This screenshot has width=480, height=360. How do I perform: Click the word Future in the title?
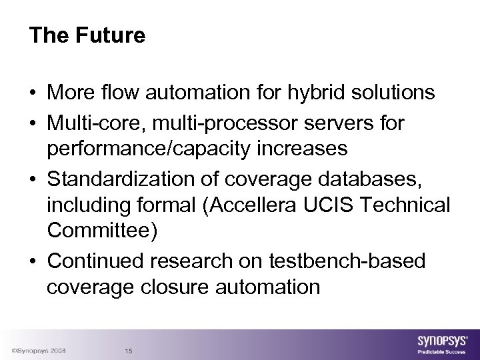click(x=109, y=36)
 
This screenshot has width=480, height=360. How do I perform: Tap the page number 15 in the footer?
click(x=129, y=351)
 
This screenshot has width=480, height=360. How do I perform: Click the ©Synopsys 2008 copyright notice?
click(x=38, y=351)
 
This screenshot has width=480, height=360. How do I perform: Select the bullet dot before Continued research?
click(x=33, y=261)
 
